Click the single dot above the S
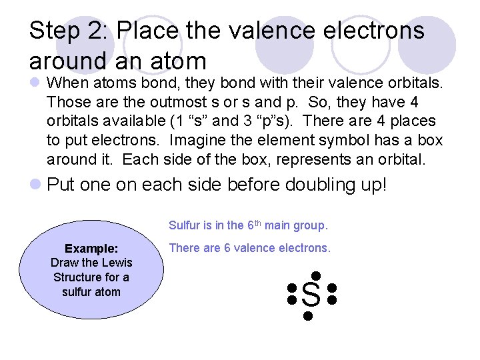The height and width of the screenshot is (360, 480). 315,275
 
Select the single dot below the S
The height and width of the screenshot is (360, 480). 308,315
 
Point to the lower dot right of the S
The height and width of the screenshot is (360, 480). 332,301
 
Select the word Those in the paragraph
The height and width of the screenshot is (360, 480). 65,103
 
